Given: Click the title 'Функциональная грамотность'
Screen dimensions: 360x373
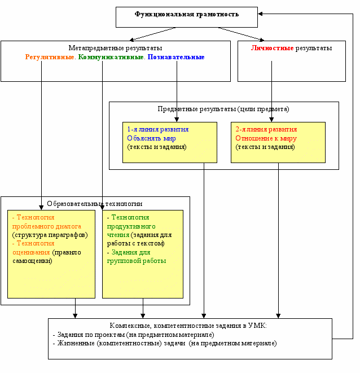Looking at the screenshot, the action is (187, 14).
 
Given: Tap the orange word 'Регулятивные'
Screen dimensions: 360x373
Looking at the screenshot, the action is (50, 57).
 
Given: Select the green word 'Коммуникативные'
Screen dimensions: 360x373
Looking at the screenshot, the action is (111, 57).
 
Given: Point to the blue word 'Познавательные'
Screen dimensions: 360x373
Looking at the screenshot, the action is (176, 57).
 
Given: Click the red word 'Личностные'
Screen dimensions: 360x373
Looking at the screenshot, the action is (272, 48).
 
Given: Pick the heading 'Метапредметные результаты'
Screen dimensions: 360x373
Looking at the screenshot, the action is (116, 48).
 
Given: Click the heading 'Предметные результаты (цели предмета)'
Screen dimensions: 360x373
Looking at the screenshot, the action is (223, 109).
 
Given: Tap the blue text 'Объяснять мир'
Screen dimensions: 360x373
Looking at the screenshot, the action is (151, 138).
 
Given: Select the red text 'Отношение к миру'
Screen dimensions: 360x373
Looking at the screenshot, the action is (266, 138).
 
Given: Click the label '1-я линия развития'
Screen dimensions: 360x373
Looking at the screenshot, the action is (158, 129).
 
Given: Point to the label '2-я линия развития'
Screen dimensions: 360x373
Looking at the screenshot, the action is (266, 129).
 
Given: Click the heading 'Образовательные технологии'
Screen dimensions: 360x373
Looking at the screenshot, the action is (95, 204).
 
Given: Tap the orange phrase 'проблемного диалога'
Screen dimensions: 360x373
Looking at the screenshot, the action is (47, 226).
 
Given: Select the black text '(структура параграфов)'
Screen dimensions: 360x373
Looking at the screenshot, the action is (50, 235).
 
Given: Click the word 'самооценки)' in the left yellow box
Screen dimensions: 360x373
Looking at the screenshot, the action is (32, 261).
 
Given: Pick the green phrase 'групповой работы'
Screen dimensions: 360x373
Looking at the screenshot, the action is (137, 261).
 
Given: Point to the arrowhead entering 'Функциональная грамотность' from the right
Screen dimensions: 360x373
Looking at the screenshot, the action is (260, 14).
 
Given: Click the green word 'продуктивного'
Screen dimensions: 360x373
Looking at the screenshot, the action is (131, 226).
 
